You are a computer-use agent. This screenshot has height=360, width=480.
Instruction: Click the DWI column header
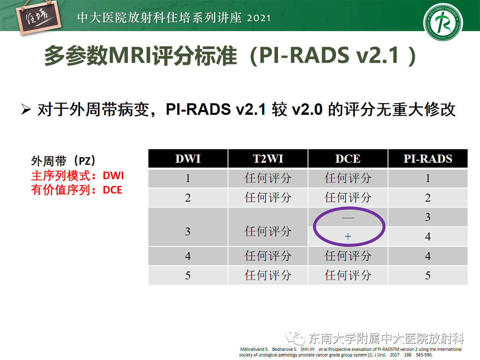click(x=188, y=159)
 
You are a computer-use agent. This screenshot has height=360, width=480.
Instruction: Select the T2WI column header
click(x=268, y=159)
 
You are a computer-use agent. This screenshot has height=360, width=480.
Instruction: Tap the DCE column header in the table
click(x=348, y=159)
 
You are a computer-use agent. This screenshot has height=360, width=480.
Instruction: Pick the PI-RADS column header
click(x=428, y=159)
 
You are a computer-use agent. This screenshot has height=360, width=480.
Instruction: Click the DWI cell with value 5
click(x=188, y=275)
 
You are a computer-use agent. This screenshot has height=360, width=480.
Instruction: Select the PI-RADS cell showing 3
click(x=428, y=217)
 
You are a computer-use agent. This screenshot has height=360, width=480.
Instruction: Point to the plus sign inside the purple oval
click(x=348, y=236)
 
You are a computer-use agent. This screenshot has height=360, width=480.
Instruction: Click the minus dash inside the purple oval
click(x=348, y=218)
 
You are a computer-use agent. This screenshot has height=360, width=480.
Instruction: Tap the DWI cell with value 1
click(x=188, y=178)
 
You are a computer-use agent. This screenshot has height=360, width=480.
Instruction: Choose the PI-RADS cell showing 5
click(x=428, y=275)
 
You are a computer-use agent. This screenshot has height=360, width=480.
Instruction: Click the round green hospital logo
click(x=443, y=22)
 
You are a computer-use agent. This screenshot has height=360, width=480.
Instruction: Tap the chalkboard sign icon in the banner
click(x=38, y=18)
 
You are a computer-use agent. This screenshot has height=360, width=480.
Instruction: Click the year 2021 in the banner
click(x=259, y=18)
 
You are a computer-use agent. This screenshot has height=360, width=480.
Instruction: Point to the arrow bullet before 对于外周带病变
click(x=26, y=109)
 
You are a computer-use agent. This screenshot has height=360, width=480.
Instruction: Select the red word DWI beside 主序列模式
click(x=113, y=176)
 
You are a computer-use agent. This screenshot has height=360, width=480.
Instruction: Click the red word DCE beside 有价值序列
click(x=112, y=190)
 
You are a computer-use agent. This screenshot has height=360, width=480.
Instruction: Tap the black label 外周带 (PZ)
click(x=63, y=161)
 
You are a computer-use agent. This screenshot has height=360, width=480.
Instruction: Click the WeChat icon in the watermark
click(x=296, y=338)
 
